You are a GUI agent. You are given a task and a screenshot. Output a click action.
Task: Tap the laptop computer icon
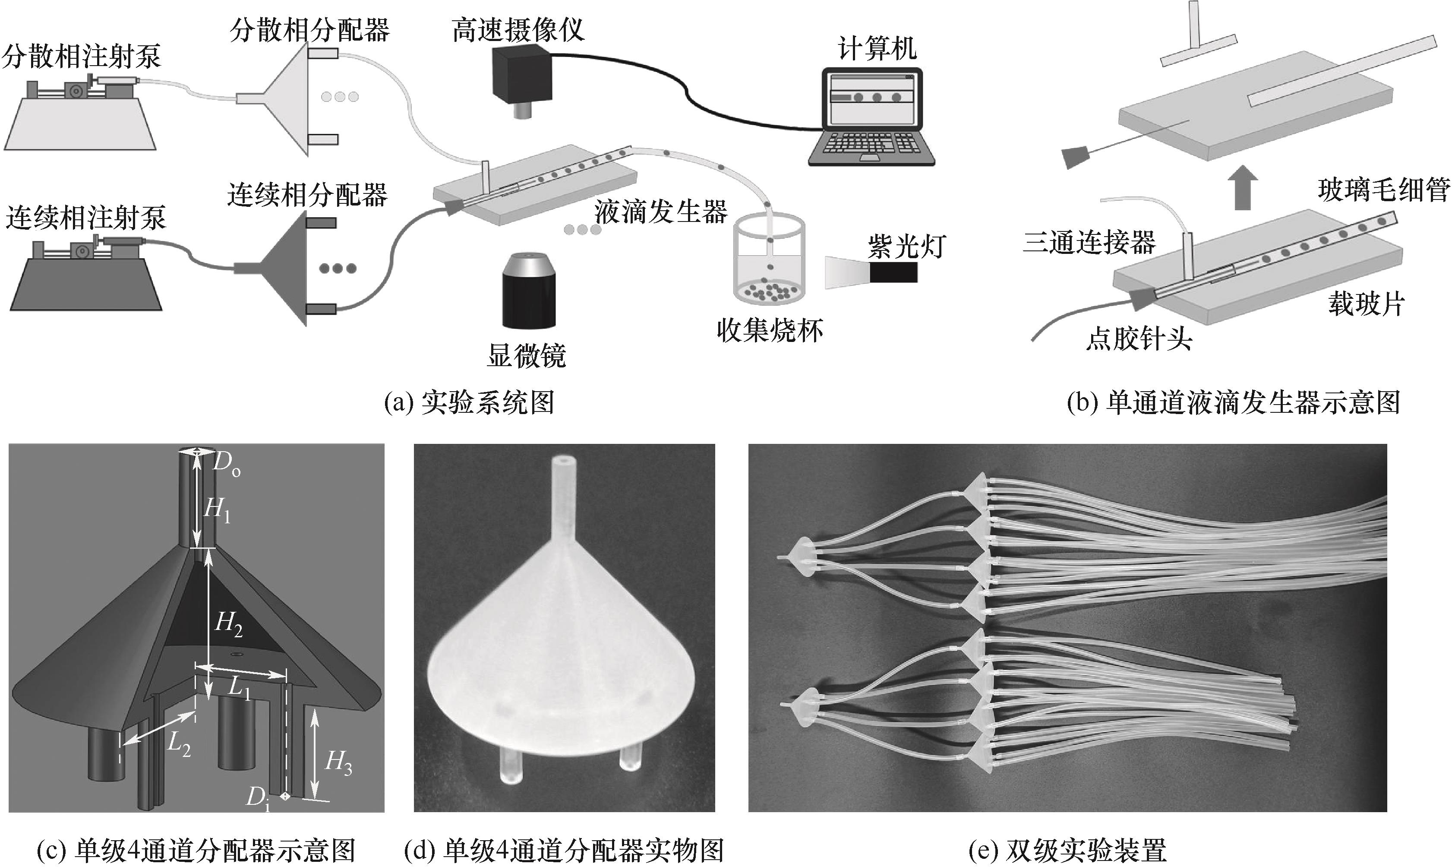871,117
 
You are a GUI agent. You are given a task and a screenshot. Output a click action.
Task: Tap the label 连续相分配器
307,195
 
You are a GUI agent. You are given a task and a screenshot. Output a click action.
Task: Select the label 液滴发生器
660,212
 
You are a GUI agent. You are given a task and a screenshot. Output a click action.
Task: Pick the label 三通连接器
1089,242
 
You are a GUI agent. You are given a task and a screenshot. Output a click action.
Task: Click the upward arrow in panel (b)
1242,188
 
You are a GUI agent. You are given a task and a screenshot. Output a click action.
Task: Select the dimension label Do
225,465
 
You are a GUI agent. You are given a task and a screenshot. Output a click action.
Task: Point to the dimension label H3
338,763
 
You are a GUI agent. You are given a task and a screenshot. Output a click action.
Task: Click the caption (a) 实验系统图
469,403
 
